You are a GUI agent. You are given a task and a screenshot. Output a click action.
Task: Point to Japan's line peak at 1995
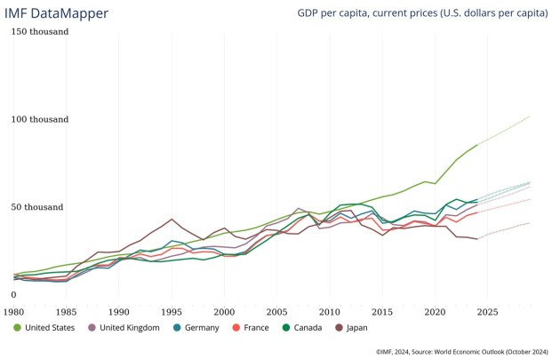172,219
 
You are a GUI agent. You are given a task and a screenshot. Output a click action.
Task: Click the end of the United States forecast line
530,116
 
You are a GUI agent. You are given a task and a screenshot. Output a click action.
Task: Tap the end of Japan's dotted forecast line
530,223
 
